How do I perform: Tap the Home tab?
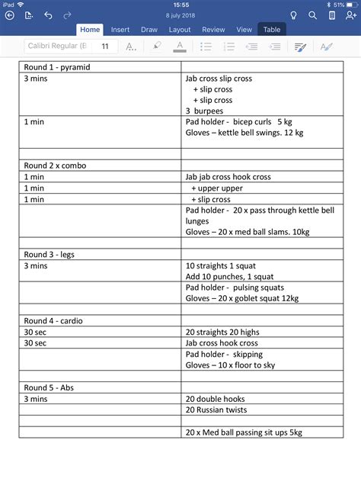point(90,30)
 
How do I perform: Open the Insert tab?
point(120,30)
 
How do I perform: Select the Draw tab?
point(149,30)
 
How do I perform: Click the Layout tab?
point(180,30)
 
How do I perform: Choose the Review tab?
point(213,30)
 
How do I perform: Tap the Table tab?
point(271,30)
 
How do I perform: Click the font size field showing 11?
point(105,47)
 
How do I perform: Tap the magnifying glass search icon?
point(312,14)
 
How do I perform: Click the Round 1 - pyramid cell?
point(57,67)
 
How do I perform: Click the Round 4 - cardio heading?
point(56,321)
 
